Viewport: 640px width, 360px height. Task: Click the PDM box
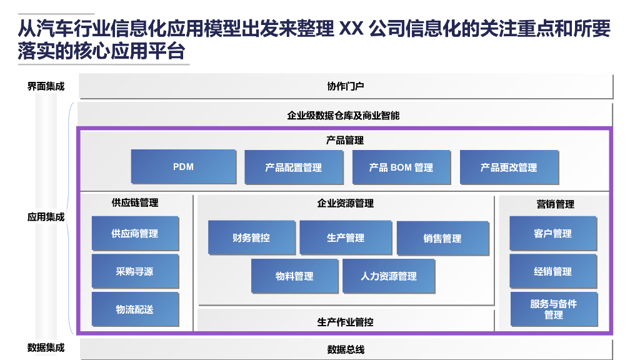183,167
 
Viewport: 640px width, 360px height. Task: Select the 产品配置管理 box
293,167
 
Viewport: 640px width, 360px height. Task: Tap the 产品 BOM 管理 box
401,167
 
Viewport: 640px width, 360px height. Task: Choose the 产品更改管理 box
508,167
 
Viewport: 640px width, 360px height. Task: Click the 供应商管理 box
134,233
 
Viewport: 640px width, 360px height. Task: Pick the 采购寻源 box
134,271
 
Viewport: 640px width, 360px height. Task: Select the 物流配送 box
134,309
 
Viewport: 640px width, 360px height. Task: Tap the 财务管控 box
251,237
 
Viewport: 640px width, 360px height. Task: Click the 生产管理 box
346,237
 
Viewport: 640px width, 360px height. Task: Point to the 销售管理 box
442,238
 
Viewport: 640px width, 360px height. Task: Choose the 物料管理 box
294,276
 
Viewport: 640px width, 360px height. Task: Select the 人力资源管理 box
388,276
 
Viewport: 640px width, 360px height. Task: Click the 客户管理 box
552,233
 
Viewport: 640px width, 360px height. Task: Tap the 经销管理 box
552,271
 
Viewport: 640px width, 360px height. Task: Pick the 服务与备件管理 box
553,309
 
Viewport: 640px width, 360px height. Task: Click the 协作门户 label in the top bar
346,86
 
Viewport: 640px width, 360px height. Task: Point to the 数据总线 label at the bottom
346,349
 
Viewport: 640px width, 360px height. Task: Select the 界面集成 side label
46,86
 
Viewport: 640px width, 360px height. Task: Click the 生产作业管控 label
346,322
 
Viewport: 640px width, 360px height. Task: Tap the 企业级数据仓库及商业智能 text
343,115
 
